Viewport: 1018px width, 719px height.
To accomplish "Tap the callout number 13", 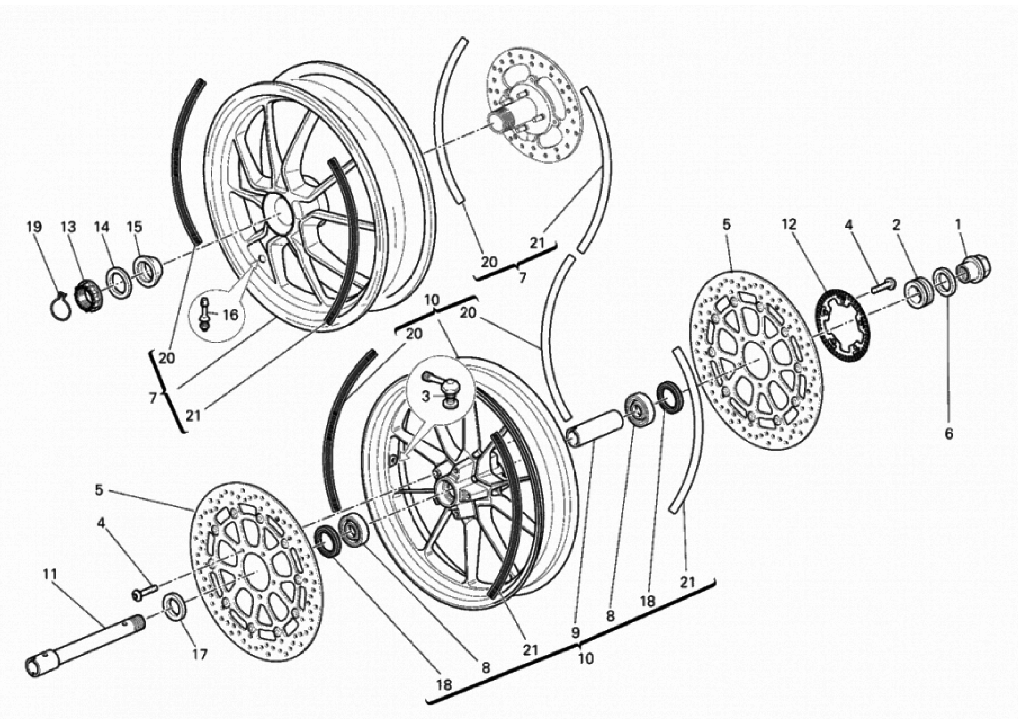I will pyautogui.click(x=68, y=227).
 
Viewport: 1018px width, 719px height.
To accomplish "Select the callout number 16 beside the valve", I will pyautogui.click(x=230, y=315).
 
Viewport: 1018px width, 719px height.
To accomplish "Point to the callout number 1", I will pyautogui.click(x=958, y=225).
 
